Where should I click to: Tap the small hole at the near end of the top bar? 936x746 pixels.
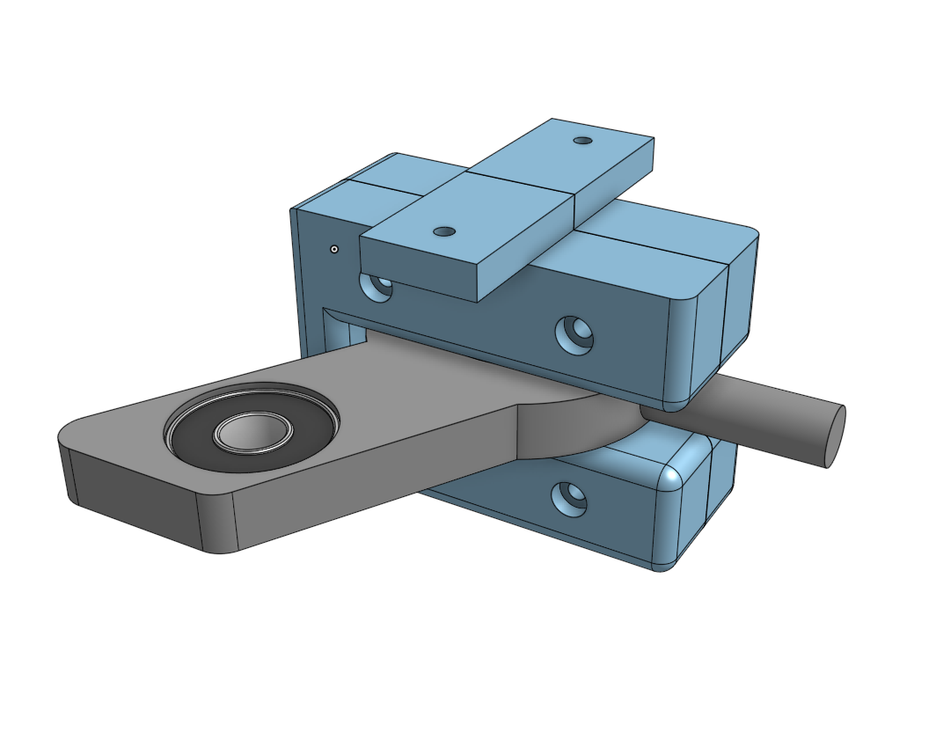[445, 231]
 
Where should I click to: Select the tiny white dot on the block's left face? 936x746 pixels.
[334, 249]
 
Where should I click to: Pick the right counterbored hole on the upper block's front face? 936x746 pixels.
[574, 334]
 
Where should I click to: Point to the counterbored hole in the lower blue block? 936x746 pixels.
[570, 499]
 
